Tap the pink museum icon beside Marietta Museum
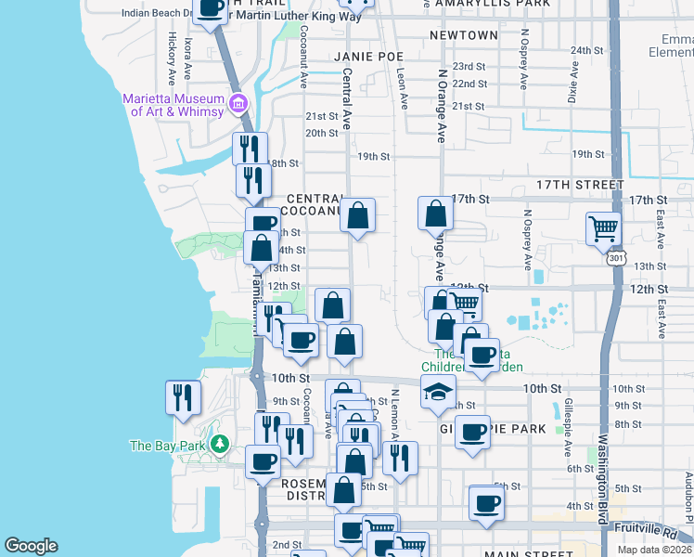(x=239, y=103)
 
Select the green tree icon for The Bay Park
(x=219, y=445)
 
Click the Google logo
(x=31, y=546)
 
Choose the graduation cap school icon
(x=438, y=391)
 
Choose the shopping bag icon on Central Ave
(x=357, y=216)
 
